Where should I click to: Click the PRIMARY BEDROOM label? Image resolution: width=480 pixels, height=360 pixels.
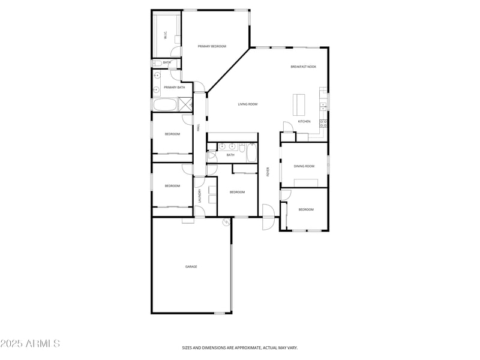coord(212,46)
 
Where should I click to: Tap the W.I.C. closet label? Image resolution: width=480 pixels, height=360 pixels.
coord(166,35)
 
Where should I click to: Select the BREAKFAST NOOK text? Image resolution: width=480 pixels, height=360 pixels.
coord(303,67)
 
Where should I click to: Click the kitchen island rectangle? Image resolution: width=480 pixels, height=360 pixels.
coord(298,104)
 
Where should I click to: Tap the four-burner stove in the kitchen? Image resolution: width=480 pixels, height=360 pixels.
coord(323,124)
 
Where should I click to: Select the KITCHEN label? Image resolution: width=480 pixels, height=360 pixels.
coord(304,122)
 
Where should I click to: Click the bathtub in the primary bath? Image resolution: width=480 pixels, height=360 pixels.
coord(164,105)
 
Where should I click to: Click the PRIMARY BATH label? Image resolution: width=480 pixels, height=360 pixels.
coord(174,88)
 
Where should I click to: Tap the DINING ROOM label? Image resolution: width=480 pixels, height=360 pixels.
coord(304,166)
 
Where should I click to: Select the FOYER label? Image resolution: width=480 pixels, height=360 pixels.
coord(268,172)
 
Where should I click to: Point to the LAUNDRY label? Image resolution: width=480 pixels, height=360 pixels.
coord(200,197)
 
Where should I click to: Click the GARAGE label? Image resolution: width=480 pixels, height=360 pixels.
coord(191,266)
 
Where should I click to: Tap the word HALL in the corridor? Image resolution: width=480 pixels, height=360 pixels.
coord(199,127)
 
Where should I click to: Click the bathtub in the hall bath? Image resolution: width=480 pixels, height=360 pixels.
coord(251,154)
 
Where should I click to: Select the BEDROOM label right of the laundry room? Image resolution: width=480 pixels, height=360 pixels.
coord(237,192)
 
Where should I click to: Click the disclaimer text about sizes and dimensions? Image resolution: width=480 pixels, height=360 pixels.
coord(240,347)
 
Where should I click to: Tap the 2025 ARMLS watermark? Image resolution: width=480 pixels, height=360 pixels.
coord(30,344)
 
